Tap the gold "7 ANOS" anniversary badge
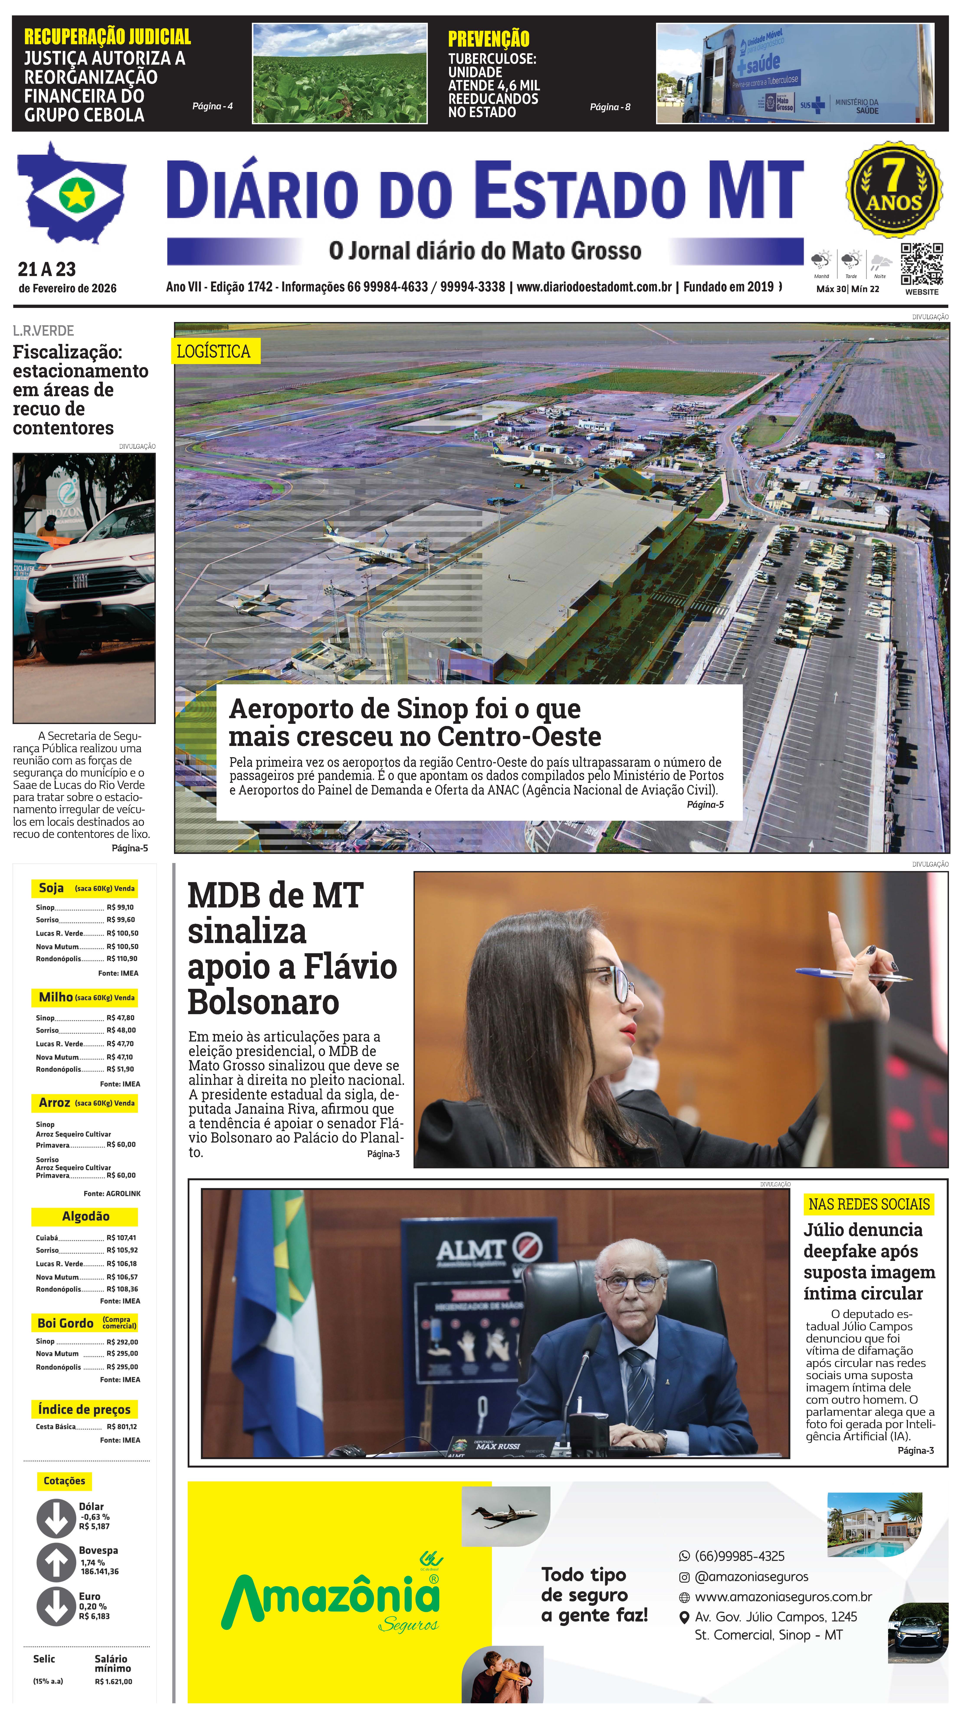[x=894, y=189]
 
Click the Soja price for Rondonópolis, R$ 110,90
[x=121, y=959]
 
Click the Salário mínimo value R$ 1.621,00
[x=113, y=1682]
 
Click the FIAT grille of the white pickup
[x=80, y=581]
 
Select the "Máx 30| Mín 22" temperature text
[x=847, y=289]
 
